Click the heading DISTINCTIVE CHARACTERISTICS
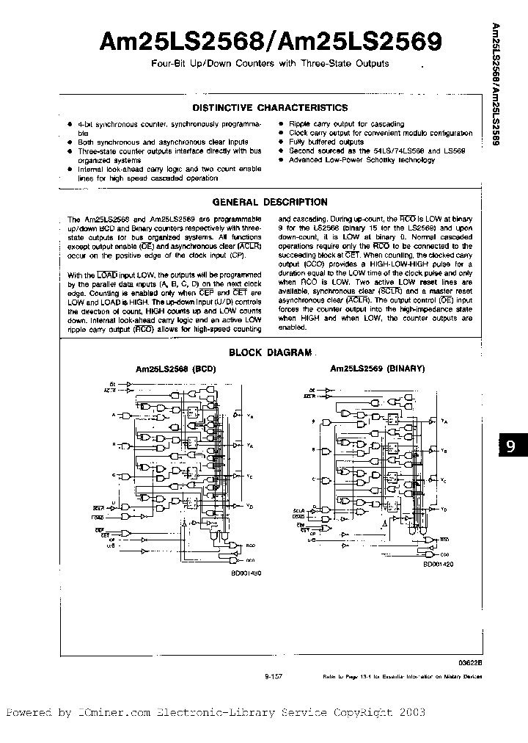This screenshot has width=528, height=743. [269, 106]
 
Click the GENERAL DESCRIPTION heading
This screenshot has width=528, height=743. [269, 202]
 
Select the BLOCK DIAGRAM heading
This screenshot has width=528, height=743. [270, 352]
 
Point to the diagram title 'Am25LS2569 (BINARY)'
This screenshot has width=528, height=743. [377, 369]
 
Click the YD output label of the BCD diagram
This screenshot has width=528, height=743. [250, 507]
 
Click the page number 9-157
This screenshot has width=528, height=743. [274, 677]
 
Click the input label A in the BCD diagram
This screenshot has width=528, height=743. [113, 414]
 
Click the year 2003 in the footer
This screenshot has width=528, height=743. [409, 712]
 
